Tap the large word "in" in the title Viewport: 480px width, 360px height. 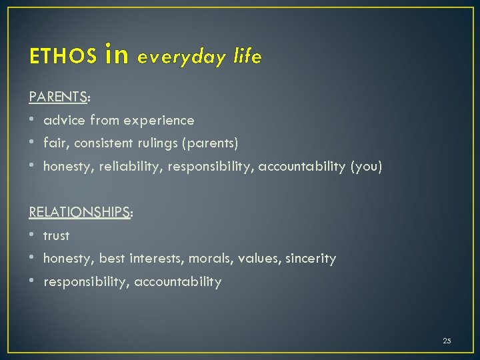point(117,55)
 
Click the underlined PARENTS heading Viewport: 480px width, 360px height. point(59,97)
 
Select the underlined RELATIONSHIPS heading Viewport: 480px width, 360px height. point(79,212)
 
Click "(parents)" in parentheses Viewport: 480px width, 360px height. point(213,143)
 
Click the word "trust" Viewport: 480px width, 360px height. point(57,235)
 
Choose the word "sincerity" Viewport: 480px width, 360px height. point(311,259)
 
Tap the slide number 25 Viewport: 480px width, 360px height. point(447,341)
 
